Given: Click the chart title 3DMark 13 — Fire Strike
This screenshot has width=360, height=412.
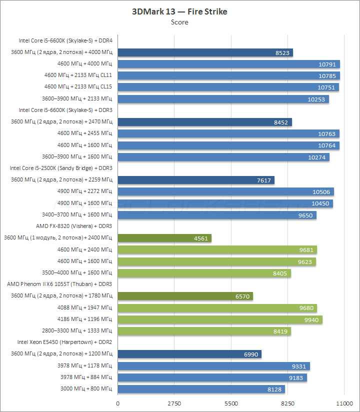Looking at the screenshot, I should pos(179,11).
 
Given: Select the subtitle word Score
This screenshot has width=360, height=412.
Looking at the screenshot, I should pos(179,22).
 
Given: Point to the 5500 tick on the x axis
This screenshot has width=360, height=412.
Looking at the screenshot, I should pos(231,403).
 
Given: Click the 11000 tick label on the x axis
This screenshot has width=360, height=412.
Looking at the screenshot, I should pos(344,403).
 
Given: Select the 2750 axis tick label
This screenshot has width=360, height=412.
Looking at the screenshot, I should pos(174,403).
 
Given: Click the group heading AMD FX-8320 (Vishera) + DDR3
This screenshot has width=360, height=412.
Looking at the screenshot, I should pos(74,226).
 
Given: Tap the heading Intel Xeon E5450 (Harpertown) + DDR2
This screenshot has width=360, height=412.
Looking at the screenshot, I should pos(64,342).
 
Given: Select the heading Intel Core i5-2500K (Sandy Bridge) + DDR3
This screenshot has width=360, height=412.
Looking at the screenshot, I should pos(61,168).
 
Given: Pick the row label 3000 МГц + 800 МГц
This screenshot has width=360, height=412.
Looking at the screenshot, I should pos(85,389).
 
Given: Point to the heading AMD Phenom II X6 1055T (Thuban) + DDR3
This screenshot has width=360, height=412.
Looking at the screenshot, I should pos(59,284).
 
